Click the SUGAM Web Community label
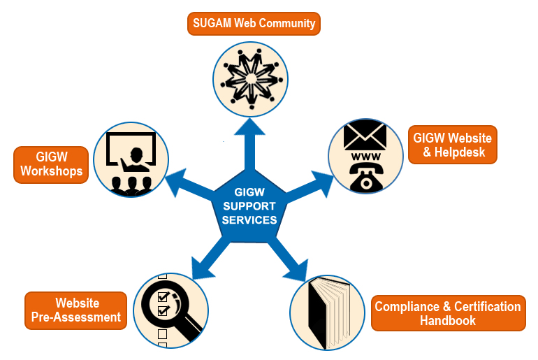[x=253, y=23]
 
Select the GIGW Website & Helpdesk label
[x=452, y=144]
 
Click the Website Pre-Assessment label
[x=76, y=310]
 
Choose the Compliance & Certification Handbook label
[x=447, y=314]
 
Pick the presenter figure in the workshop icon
[x=137, y=157]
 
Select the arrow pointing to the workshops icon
[x=184, y=180]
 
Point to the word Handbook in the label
[x=447, y=321]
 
